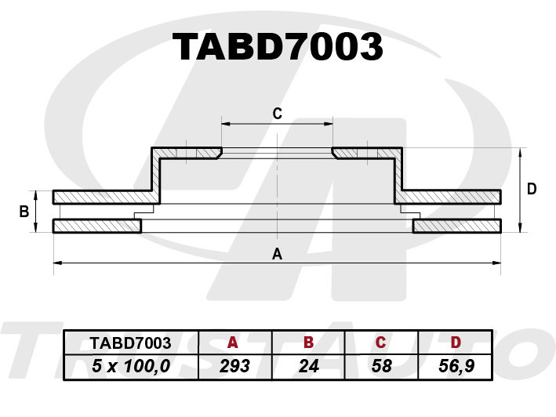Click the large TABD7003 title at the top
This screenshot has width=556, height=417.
coord(278,47)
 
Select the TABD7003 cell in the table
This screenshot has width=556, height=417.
coord(130,343)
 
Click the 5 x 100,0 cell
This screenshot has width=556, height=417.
coord(131,365)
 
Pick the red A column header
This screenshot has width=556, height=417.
coord(233,343)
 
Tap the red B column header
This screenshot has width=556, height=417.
coord(309,343)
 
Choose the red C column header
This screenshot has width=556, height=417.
coord(380,343)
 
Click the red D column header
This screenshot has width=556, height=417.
coord(456,343)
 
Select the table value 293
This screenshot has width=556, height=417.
coord(234,366)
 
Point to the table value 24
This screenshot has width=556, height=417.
coord(308,366)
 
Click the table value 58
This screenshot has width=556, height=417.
coord(382,366)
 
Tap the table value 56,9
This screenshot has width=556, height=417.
coord(456,366)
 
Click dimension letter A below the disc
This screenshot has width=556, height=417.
coord(277,254)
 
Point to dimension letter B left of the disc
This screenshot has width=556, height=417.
coord(24,212)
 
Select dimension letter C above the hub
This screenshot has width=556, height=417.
coord(278,114)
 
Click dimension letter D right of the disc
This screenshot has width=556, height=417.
coord(532,189)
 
